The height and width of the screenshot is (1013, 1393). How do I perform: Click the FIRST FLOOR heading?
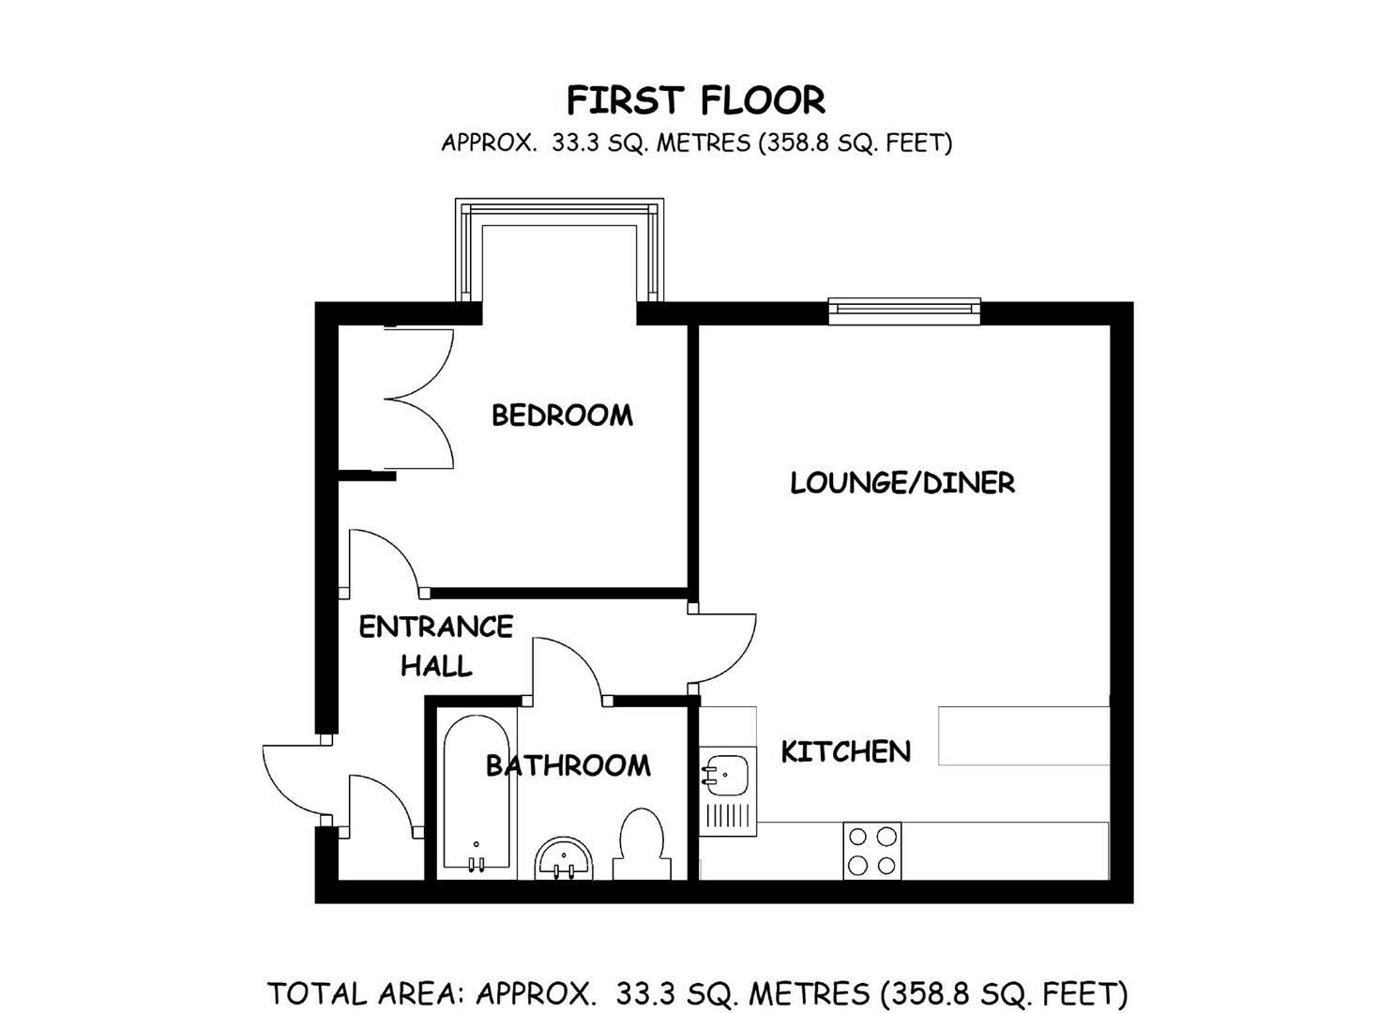coord(695,99)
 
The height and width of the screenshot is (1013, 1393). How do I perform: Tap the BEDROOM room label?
coord(562,415)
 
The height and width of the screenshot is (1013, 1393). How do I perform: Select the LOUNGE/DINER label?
coord(901,483)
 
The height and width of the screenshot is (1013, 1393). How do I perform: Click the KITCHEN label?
coord(845,751)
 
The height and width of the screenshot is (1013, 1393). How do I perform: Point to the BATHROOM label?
coord(568,765)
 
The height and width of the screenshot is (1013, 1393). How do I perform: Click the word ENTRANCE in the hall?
coord(435,627)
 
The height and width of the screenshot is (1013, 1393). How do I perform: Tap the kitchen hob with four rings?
coord(871,851)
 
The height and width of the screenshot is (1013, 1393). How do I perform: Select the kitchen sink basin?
coord(727,775)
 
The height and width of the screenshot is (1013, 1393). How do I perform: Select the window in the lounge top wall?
coord(904,310)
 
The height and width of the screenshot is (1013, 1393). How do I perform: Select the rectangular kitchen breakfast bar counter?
coord(1023,736)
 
